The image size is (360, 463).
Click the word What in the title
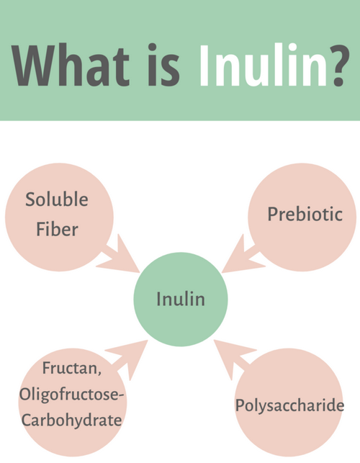click(71, 66)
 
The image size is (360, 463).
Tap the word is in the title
click(163, 65)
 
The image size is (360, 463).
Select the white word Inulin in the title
click(263, 65)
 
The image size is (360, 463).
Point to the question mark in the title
click(340, 66)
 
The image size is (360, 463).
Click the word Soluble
click(57, 199)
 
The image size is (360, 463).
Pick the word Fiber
click(57, 229)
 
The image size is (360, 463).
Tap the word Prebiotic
click(305, 214)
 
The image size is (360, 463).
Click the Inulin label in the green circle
click(181, 299)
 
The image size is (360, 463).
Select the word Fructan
click(70, 368)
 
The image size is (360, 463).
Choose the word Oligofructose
click(69, 395)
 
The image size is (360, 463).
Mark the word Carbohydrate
click(72, 420)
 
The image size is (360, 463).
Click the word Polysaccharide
click(289, 405)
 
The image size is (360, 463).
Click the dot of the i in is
click(152, 48)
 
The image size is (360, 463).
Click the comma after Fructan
click(99, 373)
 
